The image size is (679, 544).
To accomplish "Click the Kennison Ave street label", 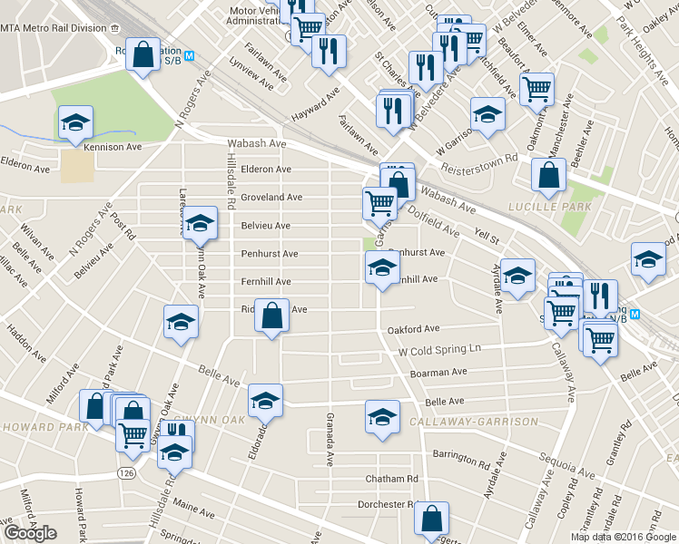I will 113,147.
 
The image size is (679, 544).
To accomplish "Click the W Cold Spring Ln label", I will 444,349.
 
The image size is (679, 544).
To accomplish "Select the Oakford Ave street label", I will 414,329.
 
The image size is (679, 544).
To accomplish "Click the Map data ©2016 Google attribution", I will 624,536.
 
